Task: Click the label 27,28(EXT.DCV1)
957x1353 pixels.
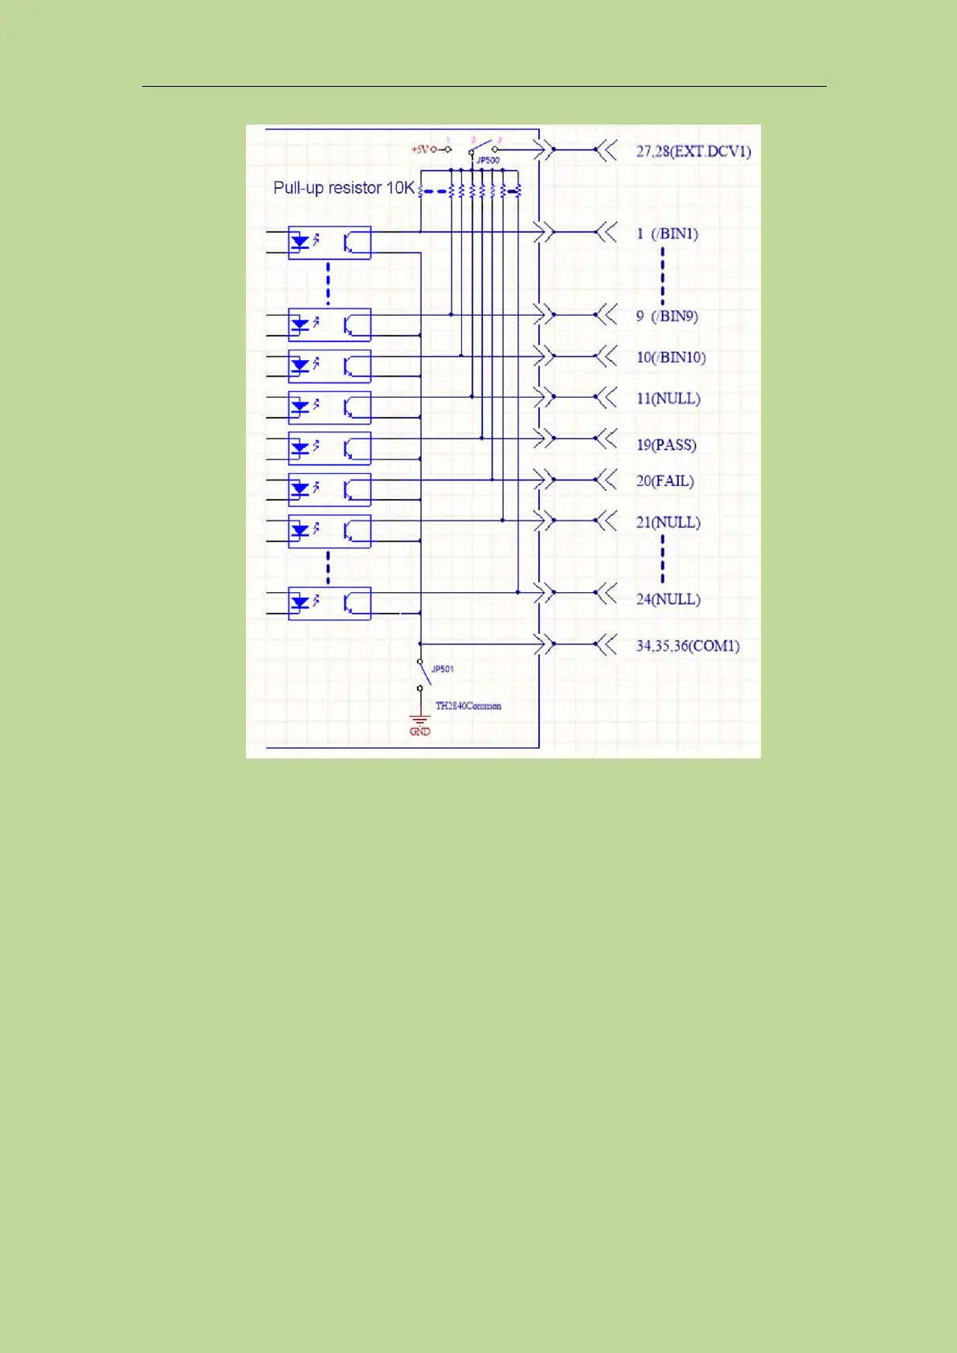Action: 693,151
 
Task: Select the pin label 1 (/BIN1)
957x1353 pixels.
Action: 667,234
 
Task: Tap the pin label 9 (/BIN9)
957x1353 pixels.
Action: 667,316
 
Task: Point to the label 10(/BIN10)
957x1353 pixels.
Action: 671,358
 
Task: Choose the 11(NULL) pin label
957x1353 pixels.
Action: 668,399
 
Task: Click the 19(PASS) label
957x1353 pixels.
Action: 666,445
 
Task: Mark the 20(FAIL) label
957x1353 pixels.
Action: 665,481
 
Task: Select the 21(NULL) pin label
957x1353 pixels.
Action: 668,522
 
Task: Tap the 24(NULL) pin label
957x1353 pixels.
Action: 668,599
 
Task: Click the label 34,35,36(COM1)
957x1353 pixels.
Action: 687,646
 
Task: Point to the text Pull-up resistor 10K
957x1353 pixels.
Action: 344,188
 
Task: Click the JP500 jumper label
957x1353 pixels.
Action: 488,161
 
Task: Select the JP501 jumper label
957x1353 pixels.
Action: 442,669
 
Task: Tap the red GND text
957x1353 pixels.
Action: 420,732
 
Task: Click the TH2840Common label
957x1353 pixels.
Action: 468,706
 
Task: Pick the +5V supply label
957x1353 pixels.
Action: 420,149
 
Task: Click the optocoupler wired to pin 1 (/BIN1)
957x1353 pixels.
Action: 329,243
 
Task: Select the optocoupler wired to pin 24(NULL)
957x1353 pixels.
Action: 329,603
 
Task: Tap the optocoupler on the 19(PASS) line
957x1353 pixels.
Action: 329,448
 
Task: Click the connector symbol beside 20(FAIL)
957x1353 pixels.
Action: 545,480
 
